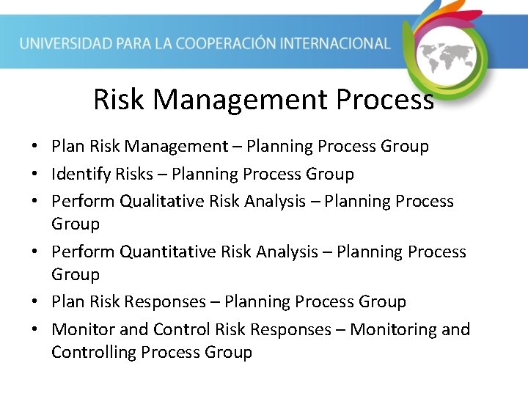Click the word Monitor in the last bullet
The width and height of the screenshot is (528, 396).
[x=80, y=329]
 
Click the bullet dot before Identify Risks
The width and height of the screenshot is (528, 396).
[x=35, y=175]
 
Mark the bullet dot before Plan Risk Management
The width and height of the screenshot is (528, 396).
[x=35, y=147]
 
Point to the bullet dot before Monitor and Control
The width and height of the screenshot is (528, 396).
[x=35, y=330]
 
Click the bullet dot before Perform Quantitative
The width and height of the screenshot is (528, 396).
[x=35, y=252]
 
